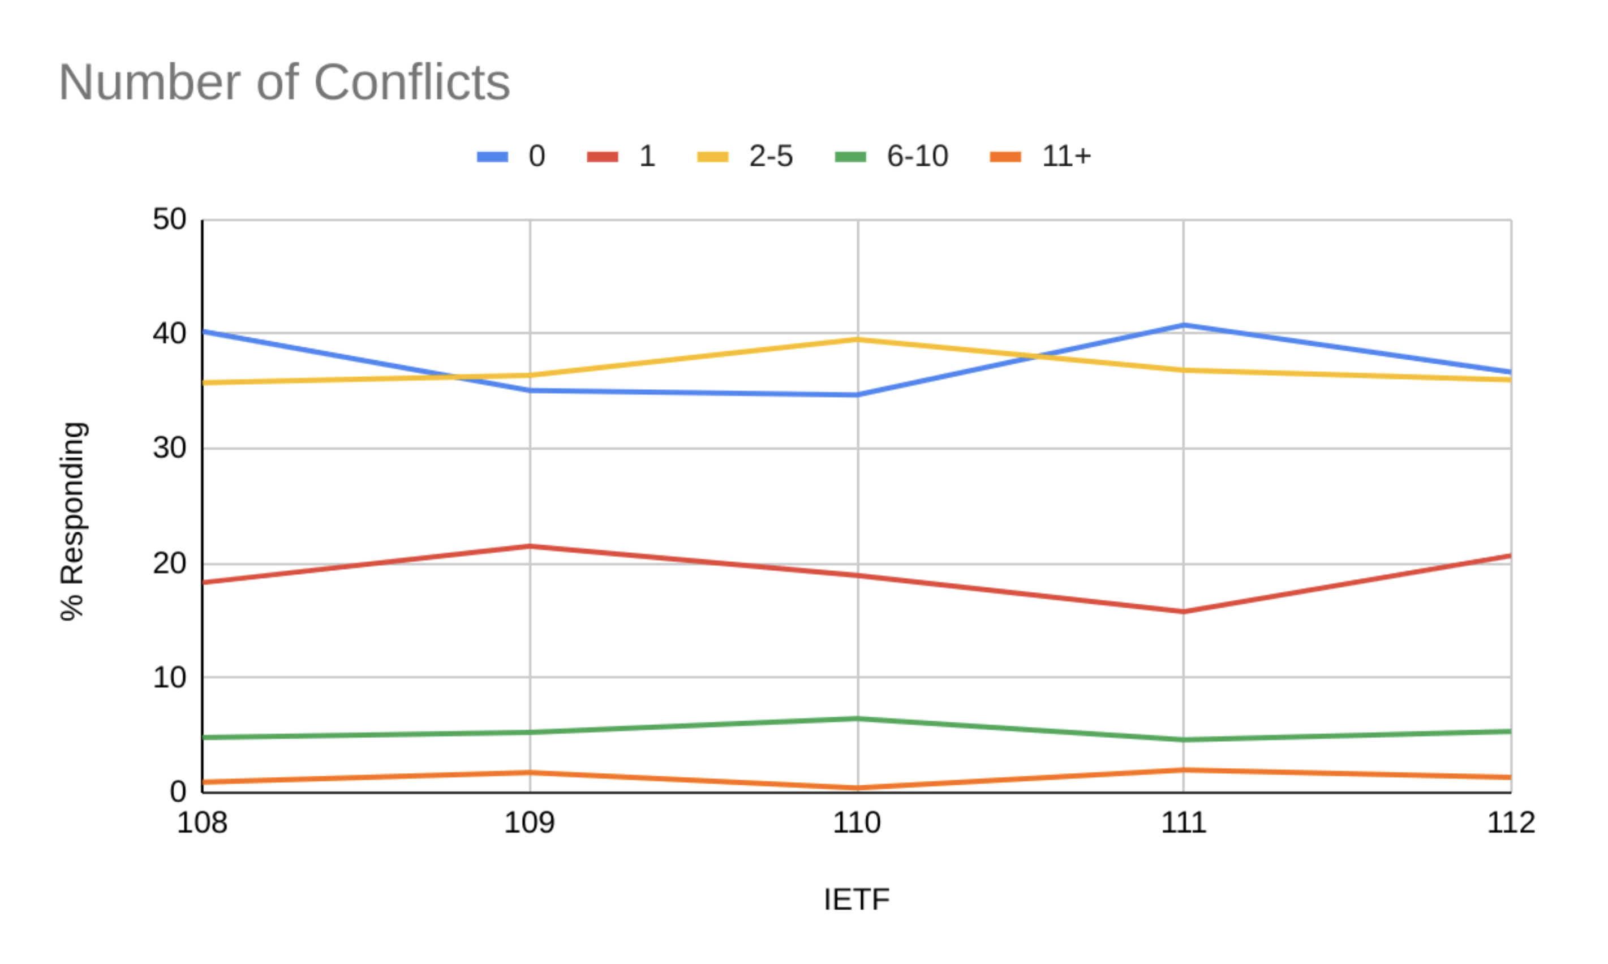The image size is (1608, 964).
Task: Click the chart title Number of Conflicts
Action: tap(284, 83)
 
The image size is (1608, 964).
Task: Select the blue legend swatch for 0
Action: tap(492, 157)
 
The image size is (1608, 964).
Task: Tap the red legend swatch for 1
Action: tap(602, 157)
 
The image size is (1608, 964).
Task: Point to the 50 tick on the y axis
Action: tap(170, 220)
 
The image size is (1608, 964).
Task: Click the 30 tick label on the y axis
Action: tap(170, 448)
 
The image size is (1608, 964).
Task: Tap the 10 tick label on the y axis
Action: tap(170, 678)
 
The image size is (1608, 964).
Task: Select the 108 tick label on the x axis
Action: tap(202, 823)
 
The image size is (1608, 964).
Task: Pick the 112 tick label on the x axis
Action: tap(1511, 823)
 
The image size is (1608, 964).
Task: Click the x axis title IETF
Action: tap(856, 900)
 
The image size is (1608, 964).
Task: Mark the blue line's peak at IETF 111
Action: tap(1183, 325)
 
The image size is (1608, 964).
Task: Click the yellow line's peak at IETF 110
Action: tap(857, 339)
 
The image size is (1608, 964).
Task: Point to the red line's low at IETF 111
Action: tap(1183, 612)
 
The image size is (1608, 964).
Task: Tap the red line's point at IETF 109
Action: tap(530, 546)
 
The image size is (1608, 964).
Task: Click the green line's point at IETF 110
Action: tap(857, 718)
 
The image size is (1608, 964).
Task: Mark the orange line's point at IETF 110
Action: tap(857, 788)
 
